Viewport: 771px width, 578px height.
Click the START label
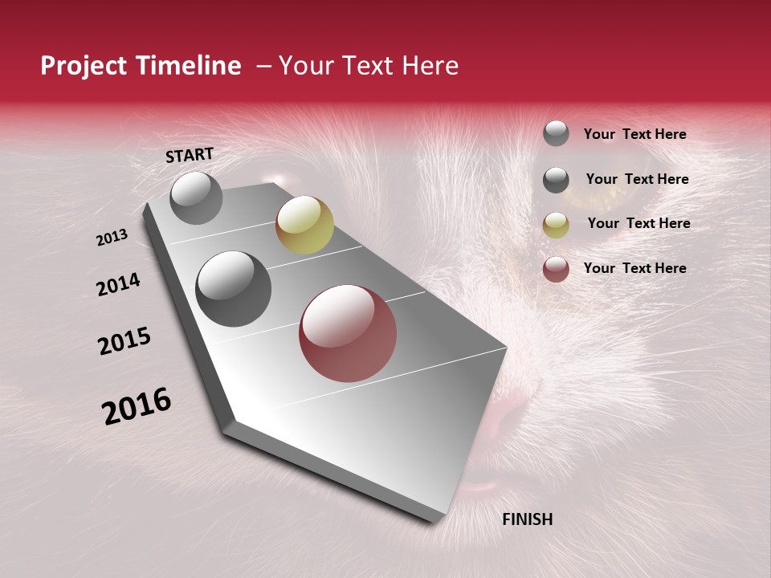(190, 155)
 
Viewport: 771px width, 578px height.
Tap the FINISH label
(527, 519)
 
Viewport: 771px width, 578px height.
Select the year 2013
(112, 238)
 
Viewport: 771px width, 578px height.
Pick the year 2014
(118, 284)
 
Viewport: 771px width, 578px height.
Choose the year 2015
(124, 340)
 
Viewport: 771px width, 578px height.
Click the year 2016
(137, 406)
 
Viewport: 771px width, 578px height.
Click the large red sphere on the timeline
(348, 332)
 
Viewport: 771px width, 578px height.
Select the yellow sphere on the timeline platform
(304, 225)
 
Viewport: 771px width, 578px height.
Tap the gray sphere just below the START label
(196, 197)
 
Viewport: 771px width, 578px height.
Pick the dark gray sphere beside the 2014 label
(234, 289)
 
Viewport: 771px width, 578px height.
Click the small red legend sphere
(556, 269)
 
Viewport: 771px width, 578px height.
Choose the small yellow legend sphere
(556, 225)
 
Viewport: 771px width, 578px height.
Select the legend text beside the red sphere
(634, 268)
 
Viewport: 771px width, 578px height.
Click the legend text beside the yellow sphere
(638, 223)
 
